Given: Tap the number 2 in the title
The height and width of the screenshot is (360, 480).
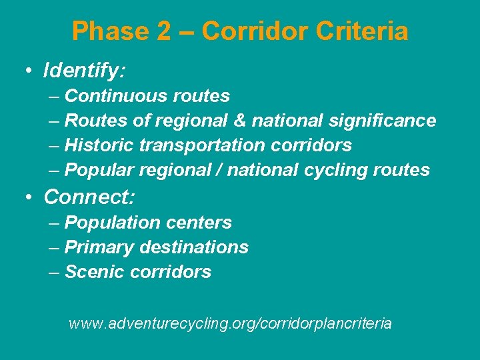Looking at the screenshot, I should (164, 31).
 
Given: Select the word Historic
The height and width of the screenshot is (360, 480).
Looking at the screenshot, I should (100, 145).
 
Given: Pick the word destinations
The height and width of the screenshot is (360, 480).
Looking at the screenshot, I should (194, 247).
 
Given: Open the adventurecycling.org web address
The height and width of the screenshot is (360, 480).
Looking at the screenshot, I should (230, 324).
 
